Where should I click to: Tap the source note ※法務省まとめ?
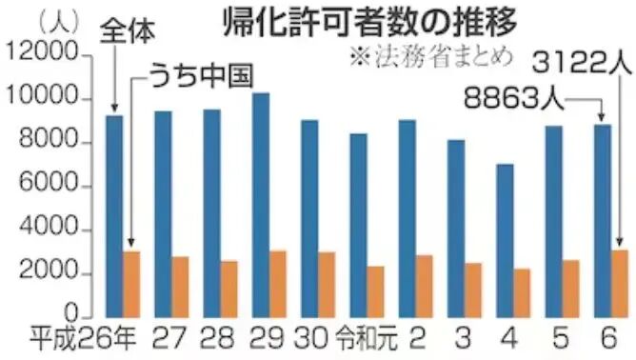(x=433, y=55)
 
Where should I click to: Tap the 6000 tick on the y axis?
(x=48, y=188)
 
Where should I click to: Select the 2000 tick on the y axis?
(x=48, y=275)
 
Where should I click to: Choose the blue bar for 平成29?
(x=261, y=204)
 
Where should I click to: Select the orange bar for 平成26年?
(x=131, y=283)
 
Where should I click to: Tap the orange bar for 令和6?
(x=620, y=282)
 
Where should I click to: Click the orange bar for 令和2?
(x=425, y=285)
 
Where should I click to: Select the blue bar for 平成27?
(x=163, y=213)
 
